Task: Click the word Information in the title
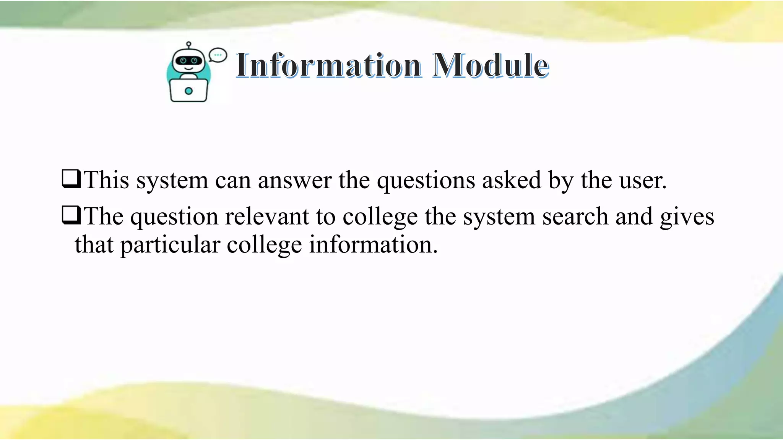click(x=329, y=65)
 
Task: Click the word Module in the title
click(x=491, y=65)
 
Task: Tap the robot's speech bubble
click(x=218, y=55)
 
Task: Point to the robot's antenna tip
click(x=188, y=44)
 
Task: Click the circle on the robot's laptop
click(x=188, y=91)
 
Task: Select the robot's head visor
click(x=188, y=61)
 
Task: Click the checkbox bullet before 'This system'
click(x=71, y=179)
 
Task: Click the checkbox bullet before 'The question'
click(x=71, y=215)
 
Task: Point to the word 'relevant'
click(x=267, y=217)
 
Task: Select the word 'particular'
click(x=170, y=245)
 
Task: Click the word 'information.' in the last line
click(x=373, y=244)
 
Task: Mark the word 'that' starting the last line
click(x=94, y=244)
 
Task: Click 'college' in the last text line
click(x=264, y=245)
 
